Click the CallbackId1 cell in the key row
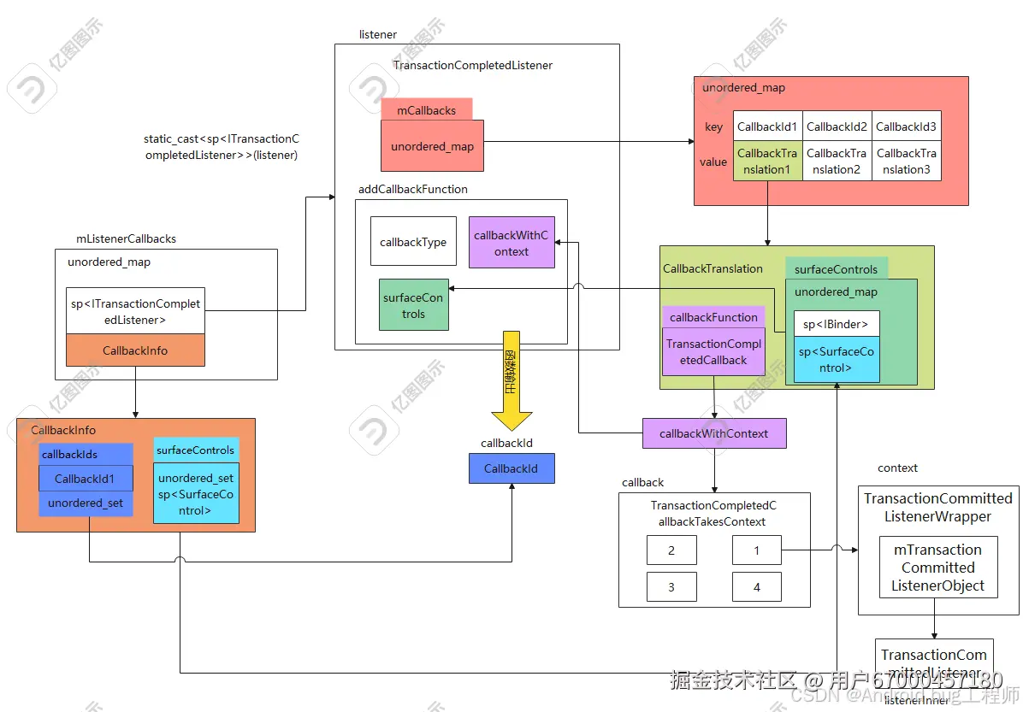coord(767,127)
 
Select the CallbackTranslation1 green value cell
coord(767,162)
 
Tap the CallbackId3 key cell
coord(906,127)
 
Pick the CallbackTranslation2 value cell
coord(837,162)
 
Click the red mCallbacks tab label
coord(426,110)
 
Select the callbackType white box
coord(413,242)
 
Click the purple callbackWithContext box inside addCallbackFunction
coord(511,243)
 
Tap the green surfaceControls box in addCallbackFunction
coord(413,306)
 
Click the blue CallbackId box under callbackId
coord(511,468)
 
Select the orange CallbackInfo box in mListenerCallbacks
coord(135,350)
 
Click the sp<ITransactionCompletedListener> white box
coord(135,311)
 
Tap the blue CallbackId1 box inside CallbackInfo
coord(85,479)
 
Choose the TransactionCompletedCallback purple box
coord(713,352)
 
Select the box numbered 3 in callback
coord(671,587)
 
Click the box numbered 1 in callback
coord(757,550)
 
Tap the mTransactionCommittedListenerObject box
coord(938,568)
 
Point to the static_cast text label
coord(221,147)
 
